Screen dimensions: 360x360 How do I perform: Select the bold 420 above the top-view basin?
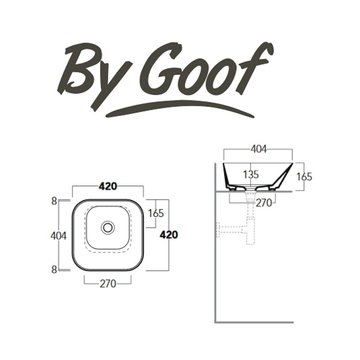(108, 186)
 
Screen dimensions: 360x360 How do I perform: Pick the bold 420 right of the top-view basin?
(168, 235)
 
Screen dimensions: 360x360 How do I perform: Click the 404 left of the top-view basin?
(58, 236)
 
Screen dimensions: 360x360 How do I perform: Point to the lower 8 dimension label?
(54, 270)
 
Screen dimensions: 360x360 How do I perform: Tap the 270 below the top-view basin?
(108, 284)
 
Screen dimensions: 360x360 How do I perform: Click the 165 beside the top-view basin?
(156, 213)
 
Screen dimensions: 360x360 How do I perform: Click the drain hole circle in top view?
(108, 227)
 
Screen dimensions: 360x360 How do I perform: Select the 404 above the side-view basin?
(258, 149)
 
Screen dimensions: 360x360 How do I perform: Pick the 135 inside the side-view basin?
(250, 174)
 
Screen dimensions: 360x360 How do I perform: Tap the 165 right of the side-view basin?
(304, 176)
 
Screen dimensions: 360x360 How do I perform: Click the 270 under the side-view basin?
(264, 203)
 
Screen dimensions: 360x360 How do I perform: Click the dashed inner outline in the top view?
(85, 232)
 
